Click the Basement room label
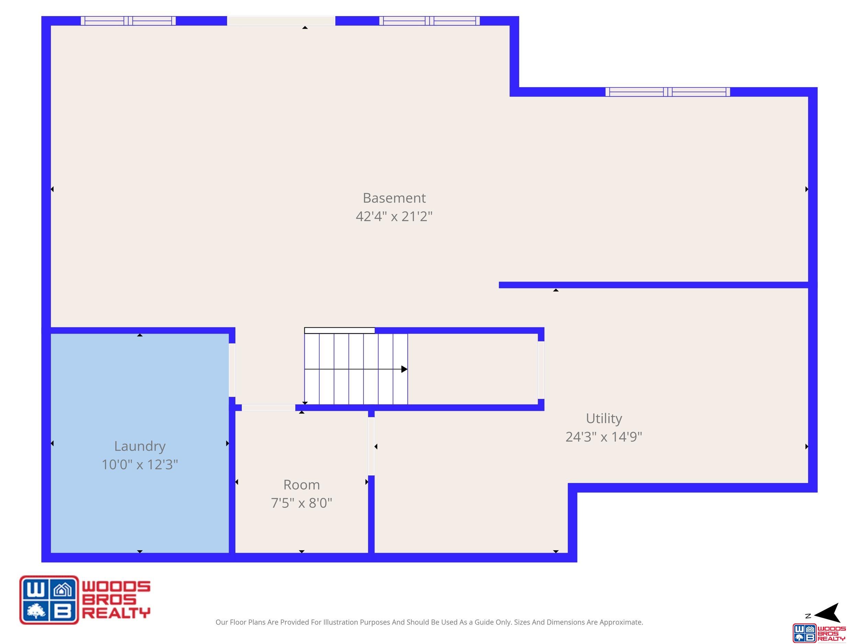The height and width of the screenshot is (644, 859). tap(394, 198)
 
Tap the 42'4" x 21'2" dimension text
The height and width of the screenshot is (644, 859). tap(394, 216)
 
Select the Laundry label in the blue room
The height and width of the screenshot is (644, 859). tap(140, 447)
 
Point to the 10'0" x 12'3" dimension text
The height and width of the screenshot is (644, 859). tap(140, 464)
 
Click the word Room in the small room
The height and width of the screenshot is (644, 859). tap(302, 485)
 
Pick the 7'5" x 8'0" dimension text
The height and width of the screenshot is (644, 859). tap(302, 503)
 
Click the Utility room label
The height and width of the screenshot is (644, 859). tap(604, 418)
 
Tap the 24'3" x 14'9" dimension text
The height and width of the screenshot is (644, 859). tap(604, 437)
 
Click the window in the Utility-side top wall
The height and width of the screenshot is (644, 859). tap(668, 92)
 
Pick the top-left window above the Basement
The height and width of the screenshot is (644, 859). tap(128, 21)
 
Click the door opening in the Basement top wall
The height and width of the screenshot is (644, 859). tap(281, 21)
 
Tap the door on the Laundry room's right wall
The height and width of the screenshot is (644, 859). tap(232, 370)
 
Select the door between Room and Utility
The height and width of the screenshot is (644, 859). tap(371, 446)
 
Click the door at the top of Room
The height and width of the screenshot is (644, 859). tap(268, 408)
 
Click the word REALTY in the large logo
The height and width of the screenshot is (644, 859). tap(116, 613)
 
